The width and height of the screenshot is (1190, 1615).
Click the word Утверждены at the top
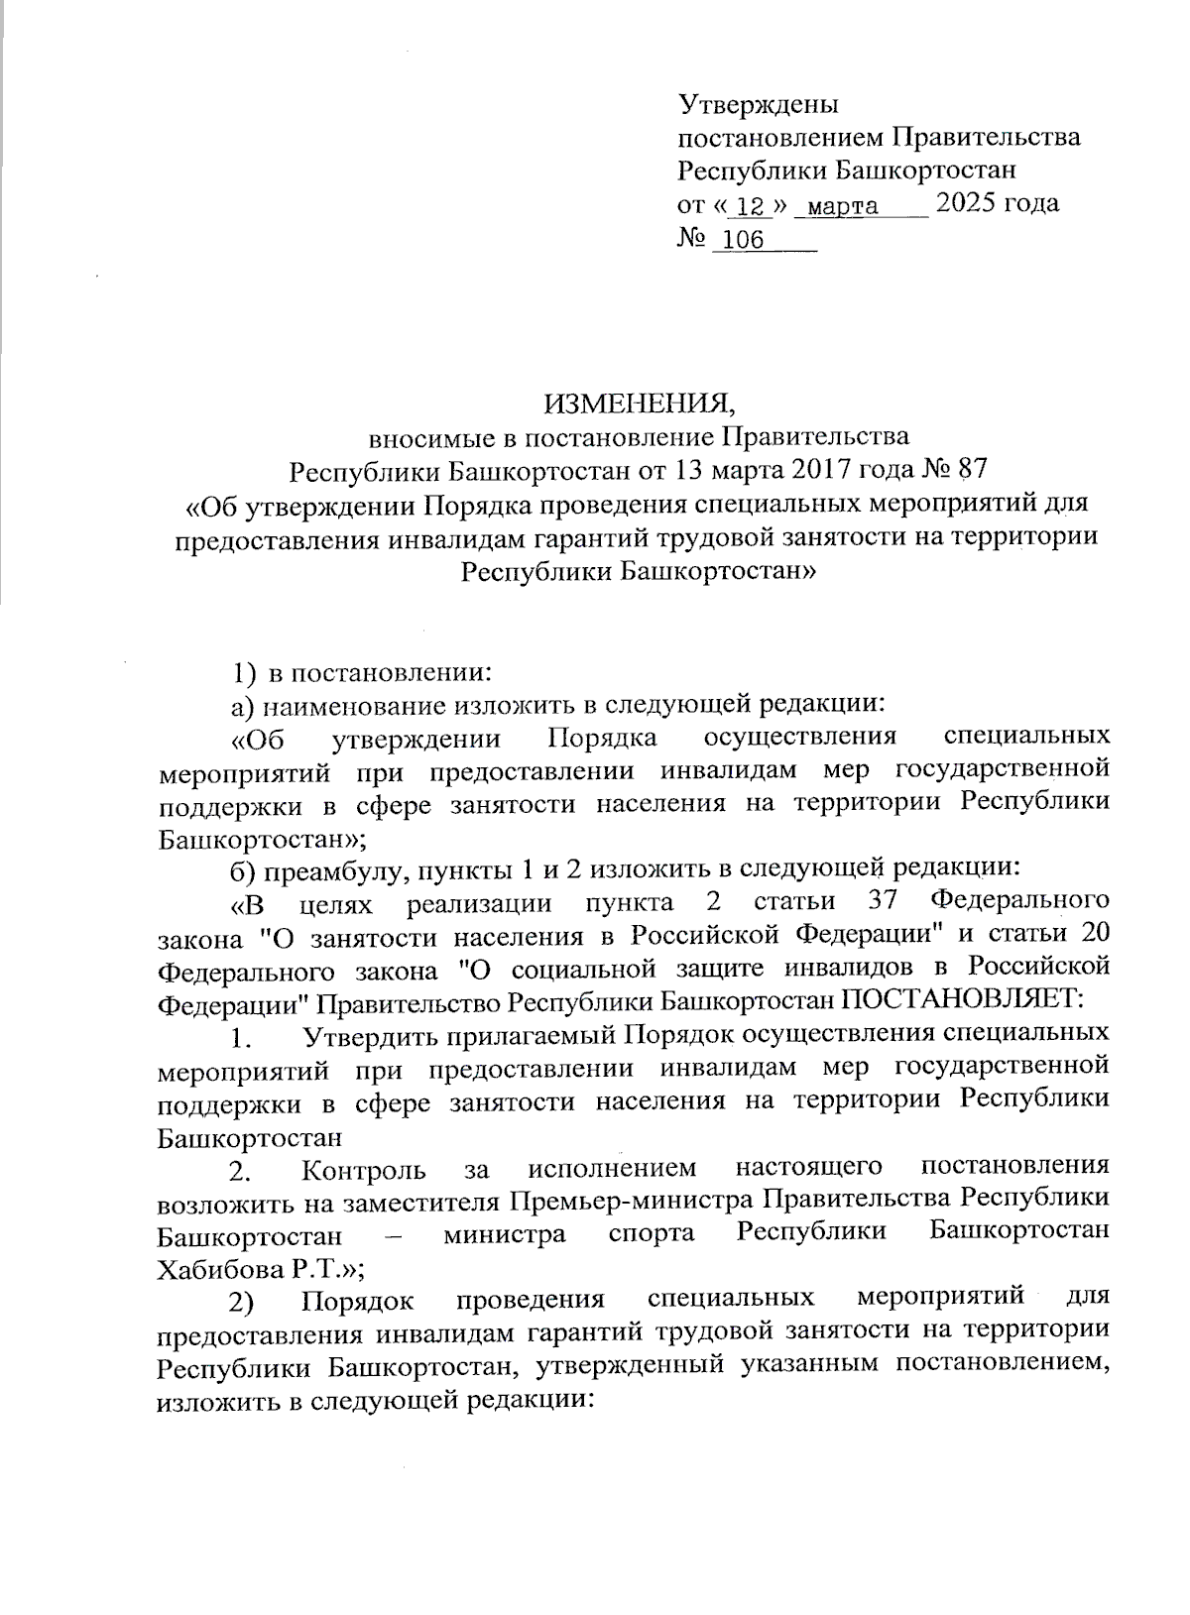pos(759,104)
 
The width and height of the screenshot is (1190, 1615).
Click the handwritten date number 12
pos(754,206)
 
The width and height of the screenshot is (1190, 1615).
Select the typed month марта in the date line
pos(842,206)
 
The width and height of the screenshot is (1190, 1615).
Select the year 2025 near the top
pos(967,203)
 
